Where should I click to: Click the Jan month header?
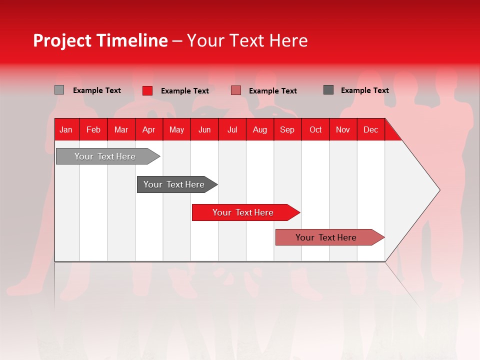[x=66, y=129]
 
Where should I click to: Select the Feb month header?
[x=93, y=129]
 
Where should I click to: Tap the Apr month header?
[x=149, y=129]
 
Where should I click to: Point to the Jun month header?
[x=204, y=129]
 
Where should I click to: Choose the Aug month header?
[x=260, y=129]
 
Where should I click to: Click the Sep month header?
[x=287, y=129]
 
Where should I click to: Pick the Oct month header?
[x=315, y=129]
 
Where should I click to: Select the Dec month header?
[x=371, y=129]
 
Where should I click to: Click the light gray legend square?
[x=59, y=90]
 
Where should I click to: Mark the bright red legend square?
[x=147, y=90]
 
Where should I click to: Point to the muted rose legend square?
[x=236, y=90]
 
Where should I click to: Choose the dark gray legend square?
[x=328, y=90]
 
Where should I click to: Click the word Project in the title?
[x=62, y=40]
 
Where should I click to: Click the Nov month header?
[x=343, y=129]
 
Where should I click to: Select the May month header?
[x=176, y=129]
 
